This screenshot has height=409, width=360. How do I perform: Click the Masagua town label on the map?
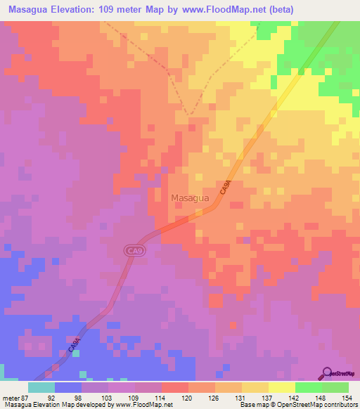click(189, 198)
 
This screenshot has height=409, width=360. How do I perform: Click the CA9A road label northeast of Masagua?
click(225, 188)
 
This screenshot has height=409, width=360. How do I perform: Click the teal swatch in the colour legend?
click(41, 387)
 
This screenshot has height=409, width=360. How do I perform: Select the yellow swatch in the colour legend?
click(282, 387)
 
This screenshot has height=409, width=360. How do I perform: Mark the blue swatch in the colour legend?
click(68, 387)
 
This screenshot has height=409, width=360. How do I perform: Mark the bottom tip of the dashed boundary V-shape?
click(189, 114)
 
